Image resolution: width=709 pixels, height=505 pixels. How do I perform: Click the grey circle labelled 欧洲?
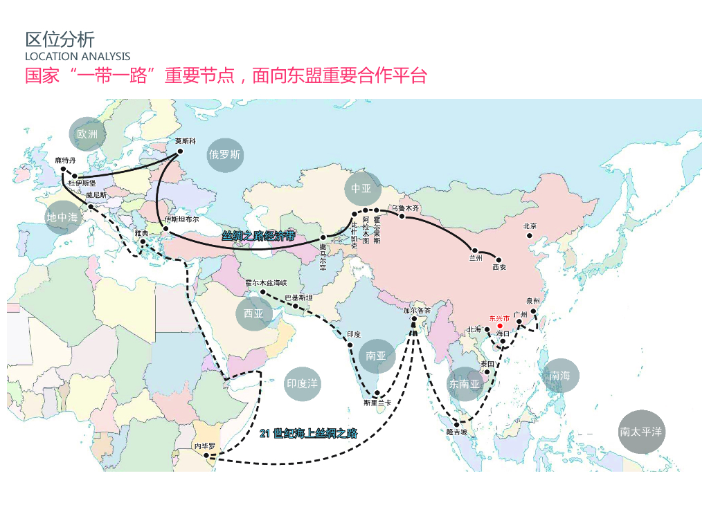88,134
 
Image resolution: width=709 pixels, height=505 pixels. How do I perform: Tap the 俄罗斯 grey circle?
225,155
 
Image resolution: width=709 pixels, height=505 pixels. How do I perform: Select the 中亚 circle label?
361,188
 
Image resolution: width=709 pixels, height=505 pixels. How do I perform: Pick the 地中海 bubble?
63,217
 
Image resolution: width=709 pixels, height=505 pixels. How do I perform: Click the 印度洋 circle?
303,383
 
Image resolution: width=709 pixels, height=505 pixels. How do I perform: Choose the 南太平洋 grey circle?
641,432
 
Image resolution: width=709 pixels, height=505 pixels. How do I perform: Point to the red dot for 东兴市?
500,325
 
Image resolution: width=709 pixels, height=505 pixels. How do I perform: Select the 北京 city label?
530,226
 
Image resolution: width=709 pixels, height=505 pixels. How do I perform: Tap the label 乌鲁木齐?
405,208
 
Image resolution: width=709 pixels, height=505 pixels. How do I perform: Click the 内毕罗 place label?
206,447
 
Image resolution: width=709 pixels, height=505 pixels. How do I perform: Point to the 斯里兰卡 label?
377,403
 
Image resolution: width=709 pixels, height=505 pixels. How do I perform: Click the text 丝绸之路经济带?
258,236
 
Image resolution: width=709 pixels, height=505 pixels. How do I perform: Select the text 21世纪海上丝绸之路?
309,434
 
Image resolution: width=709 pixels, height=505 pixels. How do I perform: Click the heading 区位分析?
60,39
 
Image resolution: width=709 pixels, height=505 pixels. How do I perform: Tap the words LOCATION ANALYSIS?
78,56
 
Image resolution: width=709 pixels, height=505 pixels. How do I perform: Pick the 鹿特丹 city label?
66,160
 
